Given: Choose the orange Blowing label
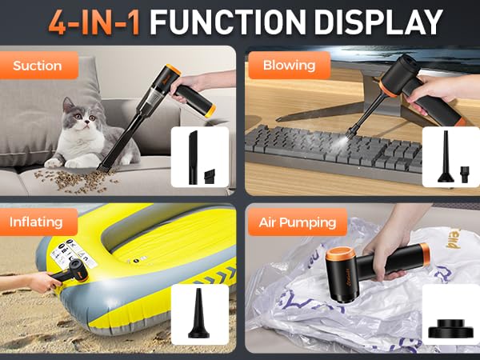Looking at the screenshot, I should (289, 65).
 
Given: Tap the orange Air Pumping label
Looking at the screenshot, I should (298, 222).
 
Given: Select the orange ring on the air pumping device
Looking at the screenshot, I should (331, 263).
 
